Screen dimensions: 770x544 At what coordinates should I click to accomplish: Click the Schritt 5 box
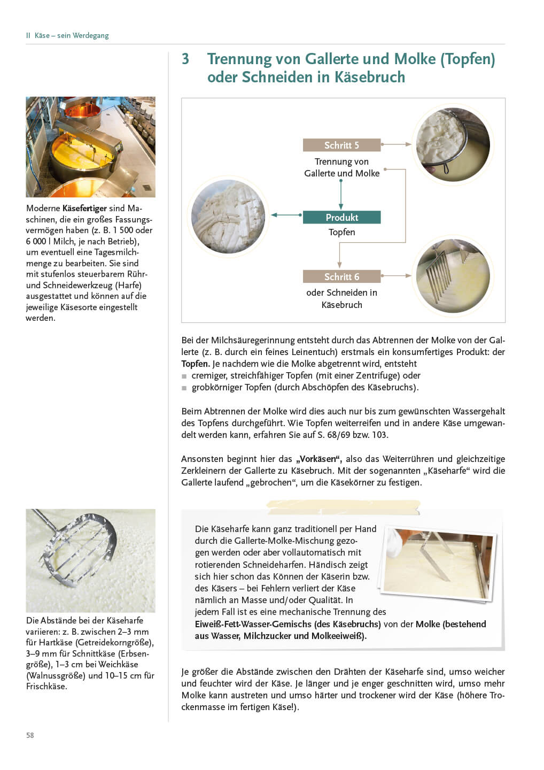(x=341, y=145)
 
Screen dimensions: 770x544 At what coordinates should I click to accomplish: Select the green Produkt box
(x=341, y=217)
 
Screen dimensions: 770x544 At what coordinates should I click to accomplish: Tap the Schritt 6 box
(x=341, y=276)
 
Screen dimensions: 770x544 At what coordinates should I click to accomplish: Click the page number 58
(x=30, y=735)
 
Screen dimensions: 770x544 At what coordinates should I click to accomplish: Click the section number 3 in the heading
(x=185, y=59)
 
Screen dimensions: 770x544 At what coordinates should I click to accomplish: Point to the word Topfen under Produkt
(x=341, y=232)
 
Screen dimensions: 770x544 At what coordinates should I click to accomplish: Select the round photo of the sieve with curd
(x=453, y=144)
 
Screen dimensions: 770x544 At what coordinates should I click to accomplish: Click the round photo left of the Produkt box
(x=228, y=216)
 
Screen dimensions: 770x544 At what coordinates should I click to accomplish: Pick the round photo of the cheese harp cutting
(x=453, y=276)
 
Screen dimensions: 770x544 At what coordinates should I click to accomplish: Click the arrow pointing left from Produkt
(x=286, y=215)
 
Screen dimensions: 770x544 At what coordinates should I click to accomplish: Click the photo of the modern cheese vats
(x=90, y=147)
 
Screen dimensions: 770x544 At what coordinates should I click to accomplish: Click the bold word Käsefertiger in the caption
(x=84, y=209)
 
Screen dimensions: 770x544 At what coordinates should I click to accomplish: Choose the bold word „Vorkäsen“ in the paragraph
(x=319, y=459)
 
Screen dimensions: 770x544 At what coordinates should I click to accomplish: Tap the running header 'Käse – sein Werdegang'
(x=72, y=36)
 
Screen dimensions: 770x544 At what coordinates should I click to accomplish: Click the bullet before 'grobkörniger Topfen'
(x=184, y=388)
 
